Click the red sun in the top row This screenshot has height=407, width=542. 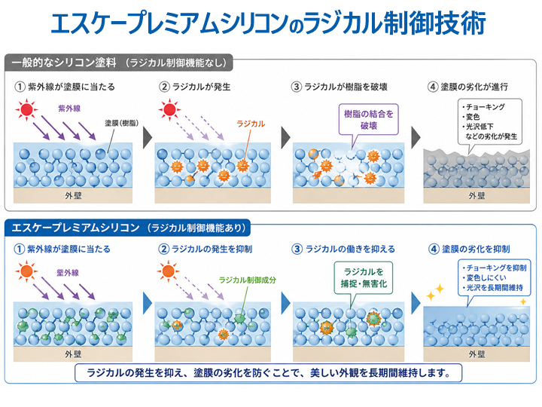click(x=28, y=112)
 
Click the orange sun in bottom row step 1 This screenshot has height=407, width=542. click(x=28, y=271)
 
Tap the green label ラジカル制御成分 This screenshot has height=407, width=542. click(x=248, y=280)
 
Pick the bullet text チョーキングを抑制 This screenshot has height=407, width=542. click(x=495, y=268)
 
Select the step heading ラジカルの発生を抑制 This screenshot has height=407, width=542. click(x=212, y=249)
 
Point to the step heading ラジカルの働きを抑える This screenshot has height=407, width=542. click(x=348, y=249)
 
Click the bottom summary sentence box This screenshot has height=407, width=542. click(x=268, y=373)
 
